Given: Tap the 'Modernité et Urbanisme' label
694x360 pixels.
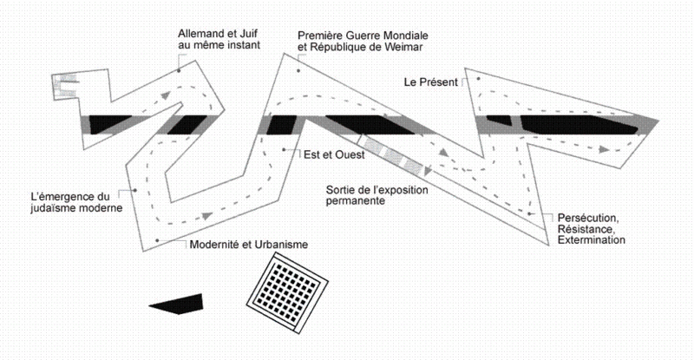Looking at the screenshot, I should click(x=248, y=244).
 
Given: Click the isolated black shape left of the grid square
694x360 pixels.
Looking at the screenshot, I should click(x=178, y=304).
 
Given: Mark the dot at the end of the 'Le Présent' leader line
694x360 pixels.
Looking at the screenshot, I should click(x=475, y=79).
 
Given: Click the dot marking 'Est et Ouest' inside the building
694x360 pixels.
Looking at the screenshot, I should click(x=286, y=149).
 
